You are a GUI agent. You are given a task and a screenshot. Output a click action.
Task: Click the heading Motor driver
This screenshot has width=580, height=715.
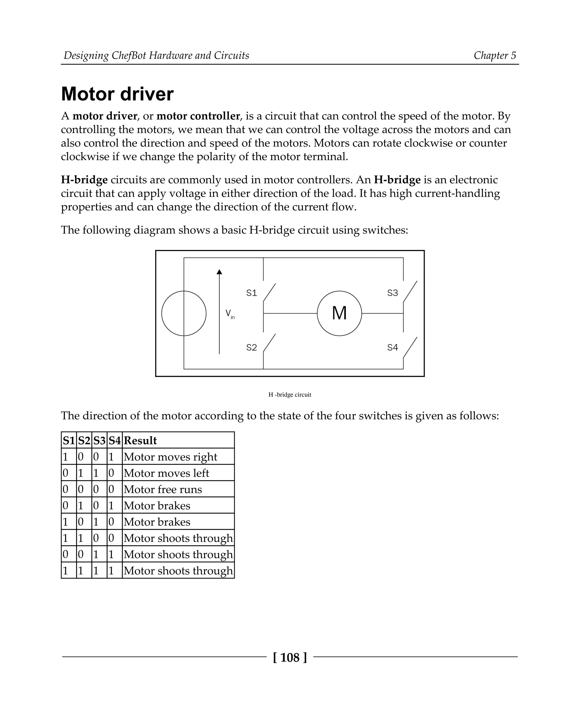117,94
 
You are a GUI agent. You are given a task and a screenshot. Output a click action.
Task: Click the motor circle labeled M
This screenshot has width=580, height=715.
339,313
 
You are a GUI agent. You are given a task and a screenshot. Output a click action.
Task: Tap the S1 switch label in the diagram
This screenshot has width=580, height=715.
251,293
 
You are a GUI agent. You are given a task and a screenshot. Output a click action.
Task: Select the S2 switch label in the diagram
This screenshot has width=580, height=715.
251,348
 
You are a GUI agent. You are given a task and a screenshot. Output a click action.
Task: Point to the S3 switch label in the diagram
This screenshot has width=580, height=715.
392,293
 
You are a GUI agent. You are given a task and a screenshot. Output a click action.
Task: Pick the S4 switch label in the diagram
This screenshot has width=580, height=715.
392,348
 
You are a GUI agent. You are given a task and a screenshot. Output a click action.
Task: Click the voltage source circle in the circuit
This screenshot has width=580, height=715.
184,313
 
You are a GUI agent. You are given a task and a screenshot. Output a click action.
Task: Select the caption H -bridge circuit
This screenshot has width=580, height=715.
290,395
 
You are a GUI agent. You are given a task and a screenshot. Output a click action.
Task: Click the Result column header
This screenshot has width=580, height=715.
140,440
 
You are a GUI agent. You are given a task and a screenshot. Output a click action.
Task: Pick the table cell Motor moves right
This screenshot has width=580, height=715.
170,457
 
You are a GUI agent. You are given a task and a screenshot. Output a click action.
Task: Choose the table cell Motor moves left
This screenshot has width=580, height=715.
167,473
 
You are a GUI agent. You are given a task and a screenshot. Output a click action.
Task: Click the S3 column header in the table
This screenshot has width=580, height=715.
99,440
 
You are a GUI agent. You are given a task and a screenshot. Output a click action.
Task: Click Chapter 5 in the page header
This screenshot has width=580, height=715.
494,55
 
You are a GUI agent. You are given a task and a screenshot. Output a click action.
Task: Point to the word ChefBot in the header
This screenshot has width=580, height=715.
129,55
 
